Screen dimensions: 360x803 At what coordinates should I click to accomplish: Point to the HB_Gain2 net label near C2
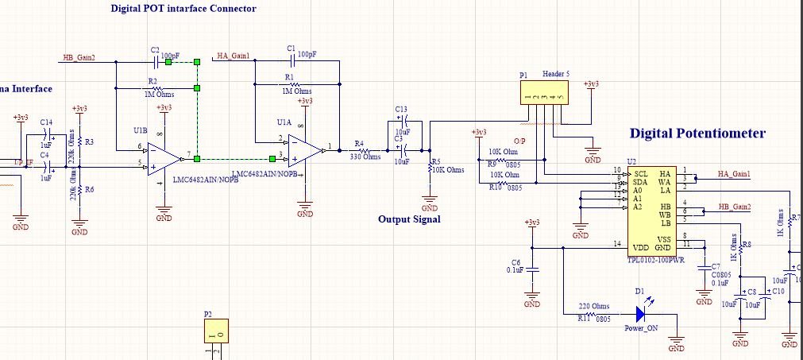click(79, 58)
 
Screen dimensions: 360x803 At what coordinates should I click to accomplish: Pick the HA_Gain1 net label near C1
click(233, 56)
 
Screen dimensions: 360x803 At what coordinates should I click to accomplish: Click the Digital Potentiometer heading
click(697, 134)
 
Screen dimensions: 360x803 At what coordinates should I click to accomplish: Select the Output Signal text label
click(409, 219)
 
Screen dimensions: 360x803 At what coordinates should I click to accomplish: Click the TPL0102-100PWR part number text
click(655, 259)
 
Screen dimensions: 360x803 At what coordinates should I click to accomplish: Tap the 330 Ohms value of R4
click(365, 157)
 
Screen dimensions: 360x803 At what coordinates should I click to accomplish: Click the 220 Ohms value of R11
click(593, 306)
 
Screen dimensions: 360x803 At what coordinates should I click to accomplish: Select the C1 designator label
click(291, 48)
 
